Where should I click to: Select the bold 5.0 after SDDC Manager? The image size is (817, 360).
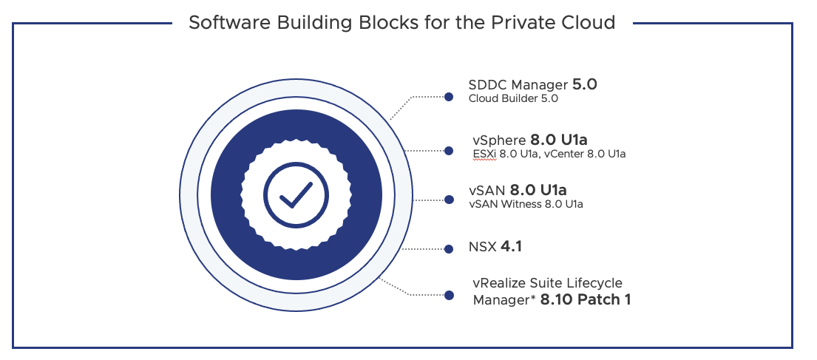click(x=584, y=84)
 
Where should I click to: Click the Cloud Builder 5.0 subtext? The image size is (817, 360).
click(x=513, y=98)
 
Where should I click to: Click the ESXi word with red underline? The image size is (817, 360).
click(x=484, y=154)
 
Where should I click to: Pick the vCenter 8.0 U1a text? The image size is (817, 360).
click(x=585, y=154)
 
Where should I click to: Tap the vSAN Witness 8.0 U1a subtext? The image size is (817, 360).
click(x=526, y=204)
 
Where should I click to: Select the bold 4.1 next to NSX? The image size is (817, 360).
click(x=511, y=246)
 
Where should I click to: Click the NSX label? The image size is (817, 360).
click(x=482, y=246)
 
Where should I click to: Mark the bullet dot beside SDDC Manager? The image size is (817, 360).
click(x=448, y=96)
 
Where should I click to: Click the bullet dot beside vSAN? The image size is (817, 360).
click(x=448, y=200)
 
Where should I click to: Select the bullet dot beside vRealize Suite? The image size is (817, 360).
click(x=448, y=296)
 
